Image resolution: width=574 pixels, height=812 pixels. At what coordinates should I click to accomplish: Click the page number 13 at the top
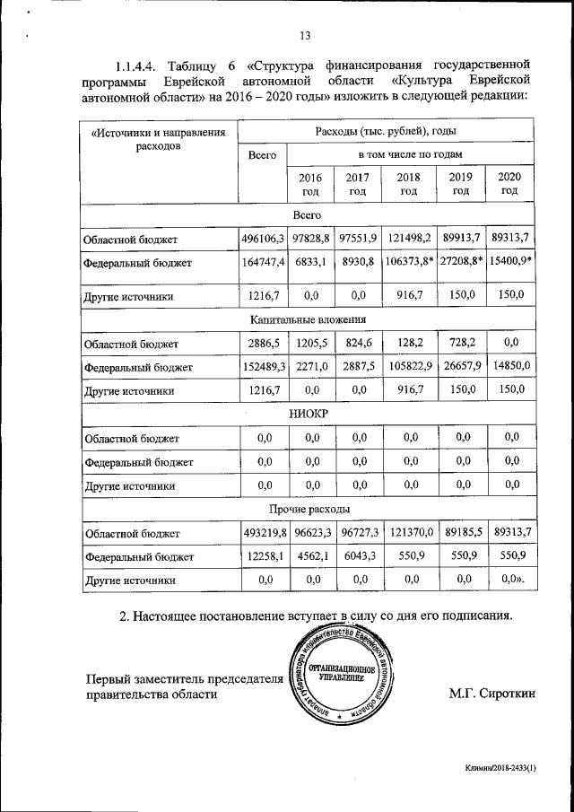[304, 35]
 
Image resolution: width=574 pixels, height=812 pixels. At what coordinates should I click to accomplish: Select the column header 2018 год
[409, 183]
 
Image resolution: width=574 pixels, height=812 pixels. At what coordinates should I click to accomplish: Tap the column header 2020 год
[509, 183]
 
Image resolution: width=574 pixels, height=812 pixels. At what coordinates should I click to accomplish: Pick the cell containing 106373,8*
[409, 262]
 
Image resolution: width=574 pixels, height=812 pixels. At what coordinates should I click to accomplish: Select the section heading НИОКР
[304, 414]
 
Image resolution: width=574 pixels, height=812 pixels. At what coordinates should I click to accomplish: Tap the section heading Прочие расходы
[304, 509]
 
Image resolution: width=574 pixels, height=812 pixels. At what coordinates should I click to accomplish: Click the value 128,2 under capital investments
[409, 343]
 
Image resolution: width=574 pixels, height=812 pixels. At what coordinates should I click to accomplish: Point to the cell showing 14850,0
[509, 366]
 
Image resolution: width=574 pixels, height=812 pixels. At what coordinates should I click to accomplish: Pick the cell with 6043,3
[357, 556]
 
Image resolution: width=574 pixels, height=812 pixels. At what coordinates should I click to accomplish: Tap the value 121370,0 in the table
[409, 532]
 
